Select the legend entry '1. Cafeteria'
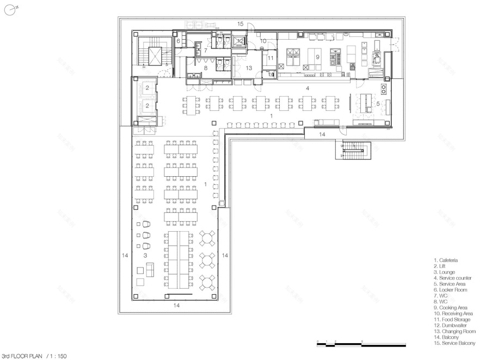click(x=445, y=260)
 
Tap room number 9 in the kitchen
click(x=316, y=55)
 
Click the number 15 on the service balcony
click(x=240, y=24)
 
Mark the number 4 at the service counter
click(x=308, y=88)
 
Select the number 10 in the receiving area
click(x=262, y=41)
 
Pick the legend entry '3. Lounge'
click(x=445, y=271)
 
